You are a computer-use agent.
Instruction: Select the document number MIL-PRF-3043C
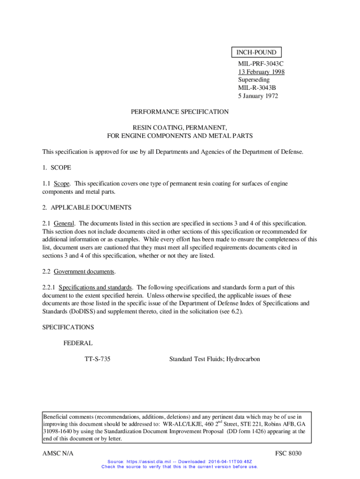point(261,64)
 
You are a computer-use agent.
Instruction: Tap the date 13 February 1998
point(261,72)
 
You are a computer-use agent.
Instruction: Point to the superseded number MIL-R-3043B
point(257,88)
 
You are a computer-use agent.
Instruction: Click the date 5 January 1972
point(258,96)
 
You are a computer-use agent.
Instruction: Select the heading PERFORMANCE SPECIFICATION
point(180,112)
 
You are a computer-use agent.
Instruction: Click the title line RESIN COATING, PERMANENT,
point(180,128)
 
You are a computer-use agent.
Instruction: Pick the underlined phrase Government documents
point(84,271)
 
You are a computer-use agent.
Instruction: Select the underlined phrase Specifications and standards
point(96,287)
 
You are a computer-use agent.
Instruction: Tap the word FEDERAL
point(78,343)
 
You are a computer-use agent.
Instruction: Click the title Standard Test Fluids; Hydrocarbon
point(215,359)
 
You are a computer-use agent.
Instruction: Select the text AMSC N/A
point(58,454)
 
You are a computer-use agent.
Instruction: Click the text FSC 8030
point(289,454)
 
